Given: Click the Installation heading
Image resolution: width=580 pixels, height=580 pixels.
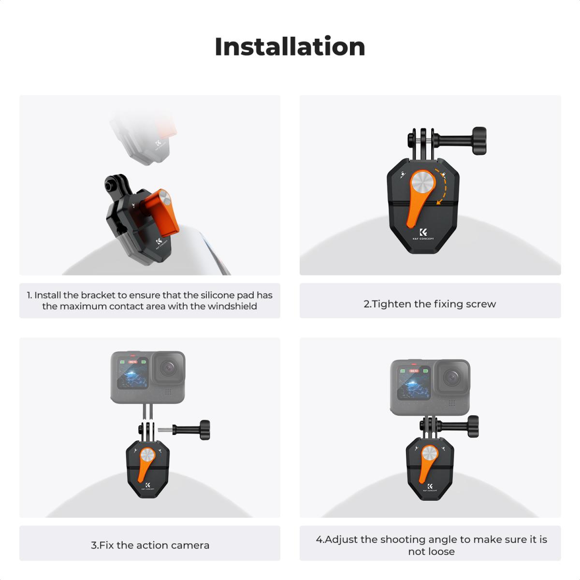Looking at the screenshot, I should [x=290, y=47].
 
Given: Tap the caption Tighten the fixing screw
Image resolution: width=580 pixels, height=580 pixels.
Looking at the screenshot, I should [x=430, y=304].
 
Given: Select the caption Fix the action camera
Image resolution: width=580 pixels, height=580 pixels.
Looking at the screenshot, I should [x=150, y=545].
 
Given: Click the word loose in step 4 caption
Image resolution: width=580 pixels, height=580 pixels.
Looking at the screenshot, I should [x=441, y=551].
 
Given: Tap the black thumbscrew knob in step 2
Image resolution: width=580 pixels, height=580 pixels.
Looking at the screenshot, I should [x=479, y=136].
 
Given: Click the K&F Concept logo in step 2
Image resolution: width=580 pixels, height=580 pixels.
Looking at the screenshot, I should [x=423, y=234].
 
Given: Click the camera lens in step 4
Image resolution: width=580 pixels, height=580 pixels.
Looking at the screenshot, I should [x=452, y=377].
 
